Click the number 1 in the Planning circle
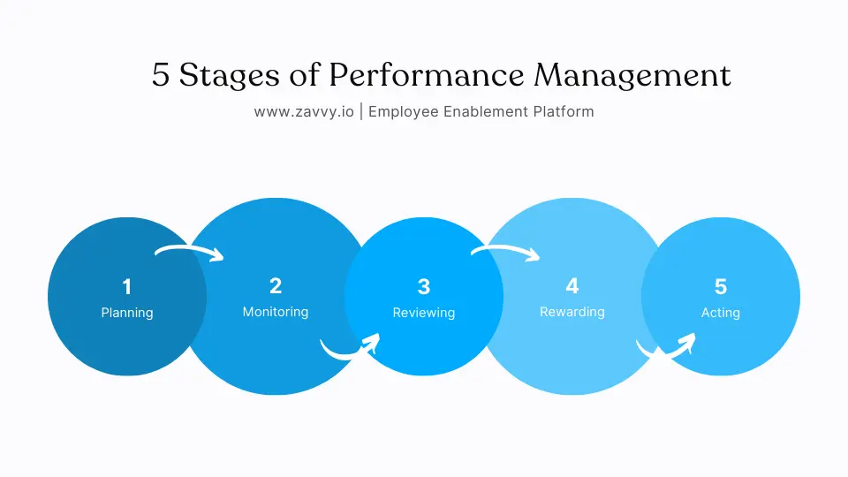(x=127, y=286)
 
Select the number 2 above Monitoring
(x=276, y=285)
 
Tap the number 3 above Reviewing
(x=424, y=286)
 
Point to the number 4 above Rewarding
(x=572, y=285)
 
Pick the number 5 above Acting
(x=721, y=286)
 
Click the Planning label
(x=127, y=313)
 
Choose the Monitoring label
(x=276, y=312)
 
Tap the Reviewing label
(x=424, y=313)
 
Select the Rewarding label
(x=572, y=312)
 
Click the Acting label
(x=721, y=313)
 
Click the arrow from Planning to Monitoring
(x=190, y=253)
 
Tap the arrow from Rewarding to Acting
(x=667, y=348)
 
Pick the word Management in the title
(x=632, y=76)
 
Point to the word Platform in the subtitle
(x=563, y=112)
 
